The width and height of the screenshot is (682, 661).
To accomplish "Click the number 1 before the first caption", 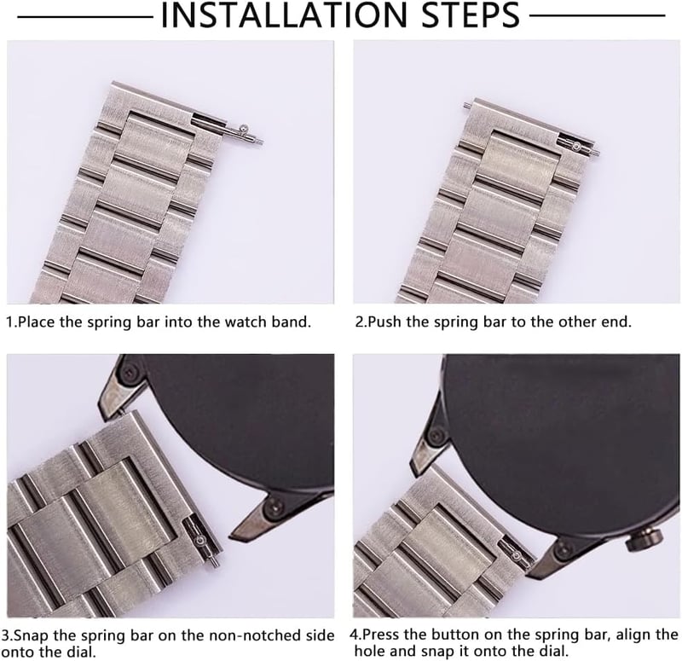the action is (9, 322).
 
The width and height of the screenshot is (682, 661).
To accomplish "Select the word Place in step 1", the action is (36, 322).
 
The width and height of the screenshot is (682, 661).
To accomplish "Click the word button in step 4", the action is (454, 635).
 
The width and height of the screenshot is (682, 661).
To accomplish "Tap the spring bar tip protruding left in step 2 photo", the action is (466, 105).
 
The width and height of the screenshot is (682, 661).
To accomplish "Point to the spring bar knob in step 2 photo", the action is (577, 147).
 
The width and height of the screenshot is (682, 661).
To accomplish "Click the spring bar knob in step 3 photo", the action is (200, 541).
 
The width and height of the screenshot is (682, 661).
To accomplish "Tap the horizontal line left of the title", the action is (84, 16).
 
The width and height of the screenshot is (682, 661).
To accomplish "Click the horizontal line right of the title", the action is (598, 16).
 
